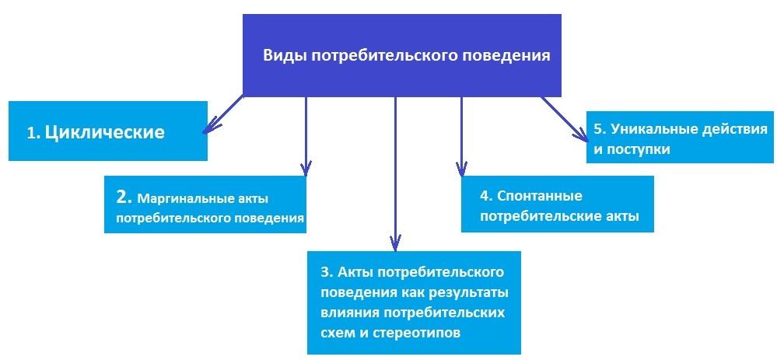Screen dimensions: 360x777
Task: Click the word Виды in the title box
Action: (x=284, y=56)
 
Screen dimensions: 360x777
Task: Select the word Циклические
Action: (x=104, y=132)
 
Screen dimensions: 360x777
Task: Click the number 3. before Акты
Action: (x=327, y=272)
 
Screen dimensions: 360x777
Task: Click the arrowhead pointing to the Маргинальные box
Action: (x=306, y=167)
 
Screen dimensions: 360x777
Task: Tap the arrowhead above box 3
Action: (x=395, y=242)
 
